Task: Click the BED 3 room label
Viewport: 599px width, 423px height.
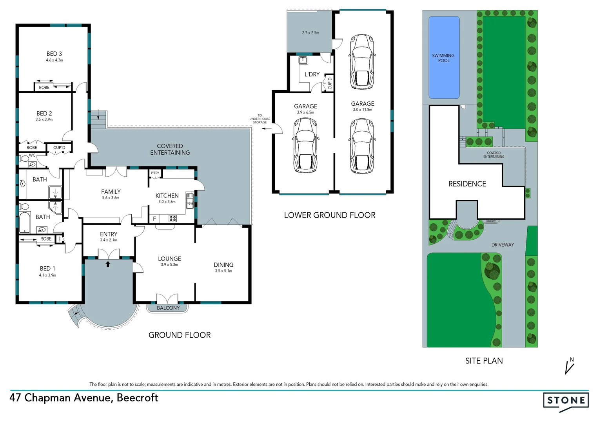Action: (54, 54)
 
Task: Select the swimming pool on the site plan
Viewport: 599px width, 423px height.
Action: (444, 58)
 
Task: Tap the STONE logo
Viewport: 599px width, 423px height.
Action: (566, 401)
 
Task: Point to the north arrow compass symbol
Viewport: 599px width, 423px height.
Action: (570, 366)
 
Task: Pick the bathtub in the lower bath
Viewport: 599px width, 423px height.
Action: (25, 222)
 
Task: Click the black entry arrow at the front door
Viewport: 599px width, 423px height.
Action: (108, 264)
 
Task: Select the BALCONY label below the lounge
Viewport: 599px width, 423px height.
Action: (168, 308)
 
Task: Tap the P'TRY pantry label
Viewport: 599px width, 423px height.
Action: (155, 173)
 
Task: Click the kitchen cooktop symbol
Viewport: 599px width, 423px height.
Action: (172, 219)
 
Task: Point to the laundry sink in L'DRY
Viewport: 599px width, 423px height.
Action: (303, 60)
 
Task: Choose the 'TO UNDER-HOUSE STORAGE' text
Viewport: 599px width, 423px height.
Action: (260, 119)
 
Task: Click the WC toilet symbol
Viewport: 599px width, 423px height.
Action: (24, 158)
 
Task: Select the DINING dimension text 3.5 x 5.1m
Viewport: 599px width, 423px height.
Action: (223, 271)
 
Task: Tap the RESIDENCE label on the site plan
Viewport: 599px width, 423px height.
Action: (467, 184)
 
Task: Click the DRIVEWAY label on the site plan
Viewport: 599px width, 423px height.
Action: (503, 245)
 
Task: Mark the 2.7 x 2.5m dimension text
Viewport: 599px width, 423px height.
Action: (310, 33)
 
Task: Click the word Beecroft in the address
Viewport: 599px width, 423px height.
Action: (137, 398)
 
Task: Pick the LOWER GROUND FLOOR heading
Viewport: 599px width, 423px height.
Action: (330, 215)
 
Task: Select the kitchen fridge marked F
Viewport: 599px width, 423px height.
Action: (154, 219)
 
